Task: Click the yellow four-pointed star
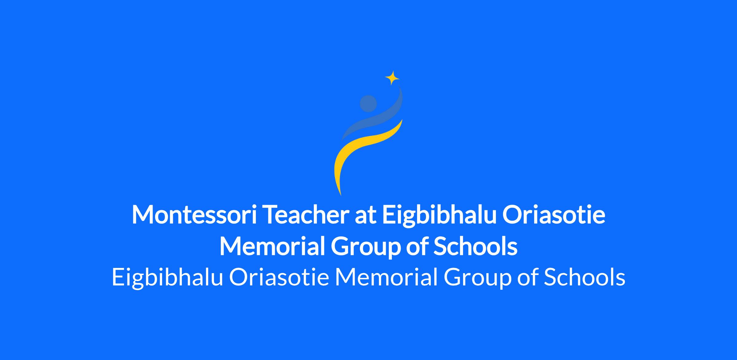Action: point(392,78)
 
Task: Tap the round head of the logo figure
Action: point(368,103)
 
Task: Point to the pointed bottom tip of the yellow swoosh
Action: point(341,195)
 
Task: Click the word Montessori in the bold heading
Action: point(194,215)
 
